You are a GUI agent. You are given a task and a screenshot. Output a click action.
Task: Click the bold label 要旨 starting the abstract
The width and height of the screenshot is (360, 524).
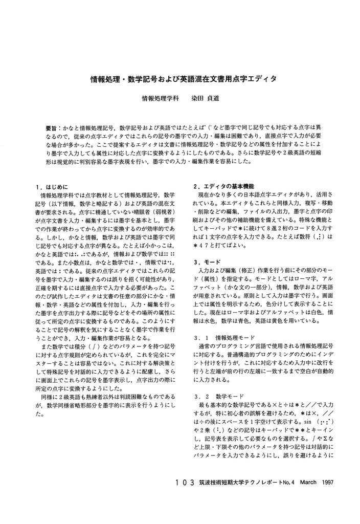52,126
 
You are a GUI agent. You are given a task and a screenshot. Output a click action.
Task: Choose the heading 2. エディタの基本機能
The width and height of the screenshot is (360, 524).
223,187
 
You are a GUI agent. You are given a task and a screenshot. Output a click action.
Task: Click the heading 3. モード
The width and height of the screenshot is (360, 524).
206,262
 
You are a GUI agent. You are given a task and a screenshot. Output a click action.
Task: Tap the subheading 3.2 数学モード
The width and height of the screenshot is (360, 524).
217,397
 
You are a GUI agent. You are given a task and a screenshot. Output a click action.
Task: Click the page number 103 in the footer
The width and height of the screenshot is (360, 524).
185,483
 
